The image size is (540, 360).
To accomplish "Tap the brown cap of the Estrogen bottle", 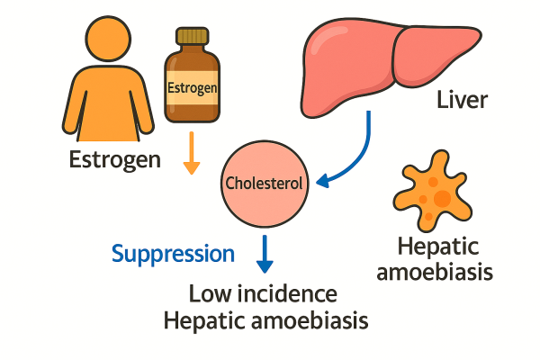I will click(x=192, y=37).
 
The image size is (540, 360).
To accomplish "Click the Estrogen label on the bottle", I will click(x=193, y=88).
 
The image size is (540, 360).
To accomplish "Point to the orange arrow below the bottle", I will click(x=190, y=153).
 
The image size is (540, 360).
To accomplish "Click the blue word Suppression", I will click(x=173, y=253).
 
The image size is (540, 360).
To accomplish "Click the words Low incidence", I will click(x=263, y=293).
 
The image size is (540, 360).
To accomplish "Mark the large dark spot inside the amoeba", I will click(x=440, y=197).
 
